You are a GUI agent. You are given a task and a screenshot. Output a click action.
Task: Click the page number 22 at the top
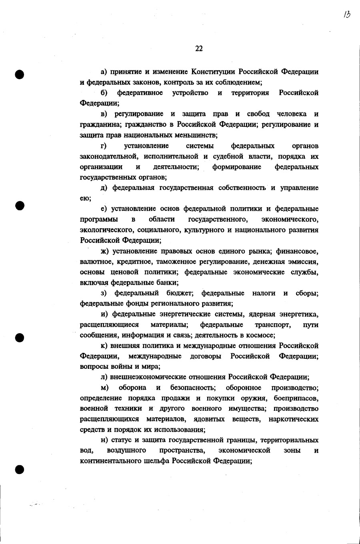[199, 49]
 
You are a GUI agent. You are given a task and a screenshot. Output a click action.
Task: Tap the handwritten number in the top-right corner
[346, 15]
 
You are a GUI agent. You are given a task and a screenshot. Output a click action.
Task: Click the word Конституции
[214, 72]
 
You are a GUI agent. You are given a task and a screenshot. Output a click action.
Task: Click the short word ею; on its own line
[86, 198]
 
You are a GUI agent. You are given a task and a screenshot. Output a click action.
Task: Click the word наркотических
[294, 419]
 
